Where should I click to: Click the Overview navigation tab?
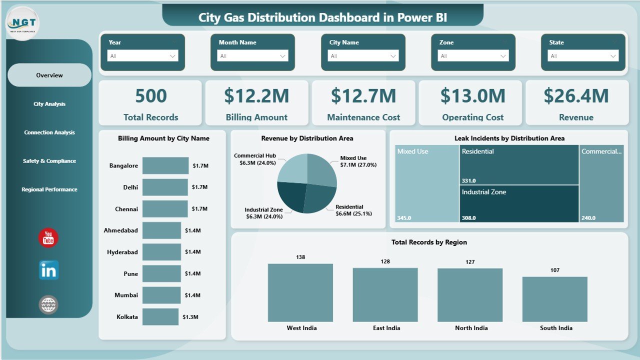coord(49,75)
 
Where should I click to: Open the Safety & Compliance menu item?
coord(49,161)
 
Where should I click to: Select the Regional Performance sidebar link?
coord(49,189)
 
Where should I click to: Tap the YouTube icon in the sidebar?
coord(48,238)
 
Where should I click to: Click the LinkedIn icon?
coord(48,270)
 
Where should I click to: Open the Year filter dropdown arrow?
coord(173,56)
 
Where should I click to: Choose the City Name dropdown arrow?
coord(393,56)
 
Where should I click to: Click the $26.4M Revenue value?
coord(576,96)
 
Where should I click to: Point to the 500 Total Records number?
coord(151,96)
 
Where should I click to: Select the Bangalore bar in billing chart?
coord(165,165)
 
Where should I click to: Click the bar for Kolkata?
coord(160,316)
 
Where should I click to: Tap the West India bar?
coord(300,292)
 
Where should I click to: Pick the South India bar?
coord(554,299)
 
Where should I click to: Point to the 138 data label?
coord(300,257)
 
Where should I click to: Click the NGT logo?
coord(22,23)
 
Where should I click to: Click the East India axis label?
coord(386,328)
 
